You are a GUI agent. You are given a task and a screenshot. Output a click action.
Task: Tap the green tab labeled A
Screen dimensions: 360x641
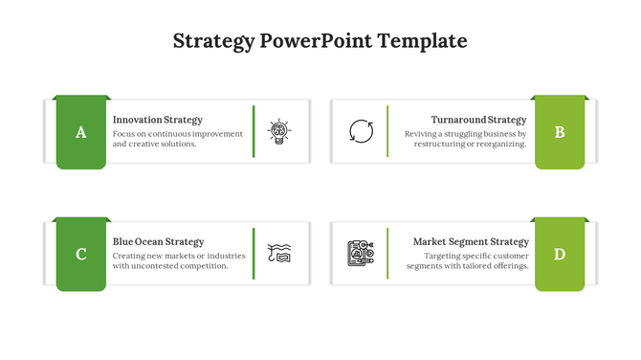pos(80,132)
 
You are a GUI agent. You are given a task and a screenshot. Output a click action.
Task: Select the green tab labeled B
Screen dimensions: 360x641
pos(560,132)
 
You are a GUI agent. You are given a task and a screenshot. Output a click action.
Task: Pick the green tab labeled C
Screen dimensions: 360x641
pos(80,254)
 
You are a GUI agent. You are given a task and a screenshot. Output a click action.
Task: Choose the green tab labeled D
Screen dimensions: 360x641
pos(560,254)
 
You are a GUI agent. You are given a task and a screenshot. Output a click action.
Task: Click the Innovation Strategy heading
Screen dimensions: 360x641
pos(157,120)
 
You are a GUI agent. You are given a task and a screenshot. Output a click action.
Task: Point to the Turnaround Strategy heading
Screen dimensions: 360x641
pos(478,120)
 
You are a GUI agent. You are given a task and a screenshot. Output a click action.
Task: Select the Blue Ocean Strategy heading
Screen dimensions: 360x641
pos(158,242)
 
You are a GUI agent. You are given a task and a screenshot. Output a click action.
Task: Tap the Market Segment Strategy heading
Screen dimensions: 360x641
pos(471,242)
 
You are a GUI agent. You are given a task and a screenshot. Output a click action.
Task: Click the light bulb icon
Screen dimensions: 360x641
pos(279,132)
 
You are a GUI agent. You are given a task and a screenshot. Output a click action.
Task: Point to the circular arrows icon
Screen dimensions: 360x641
pos(362,132)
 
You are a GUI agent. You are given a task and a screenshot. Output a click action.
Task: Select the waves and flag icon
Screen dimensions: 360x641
pos(279,253)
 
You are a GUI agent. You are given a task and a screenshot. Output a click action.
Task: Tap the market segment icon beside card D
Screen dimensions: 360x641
pos(361,253)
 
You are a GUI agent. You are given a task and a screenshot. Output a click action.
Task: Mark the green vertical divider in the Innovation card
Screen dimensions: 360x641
pos(254,132)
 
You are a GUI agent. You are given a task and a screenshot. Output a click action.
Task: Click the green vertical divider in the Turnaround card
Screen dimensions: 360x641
pos(387,132)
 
